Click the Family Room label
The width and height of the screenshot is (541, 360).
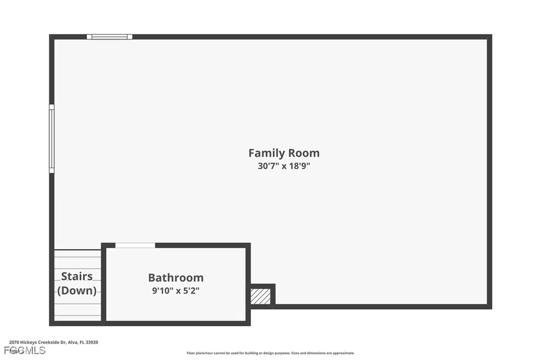pyautogui.click(x=284, y=153)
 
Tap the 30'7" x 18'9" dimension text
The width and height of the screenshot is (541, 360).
pyautogui.click(x=284, y=166)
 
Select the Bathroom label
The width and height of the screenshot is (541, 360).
pyautogui.click(x=175, y=278)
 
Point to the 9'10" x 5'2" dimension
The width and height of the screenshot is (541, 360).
pyautogui.click(x=175, y=290)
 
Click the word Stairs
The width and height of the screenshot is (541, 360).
pyautogui.click(x=77, y=276)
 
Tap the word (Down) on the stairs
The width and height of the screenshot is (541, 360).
pyautogui.click(x=77, y=290)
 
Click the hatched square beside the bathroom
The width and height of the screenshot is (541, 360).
pyautogui.click(x=260, y=295)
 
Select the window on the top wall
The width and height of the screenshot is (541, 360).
pyautogui.click(x=109, y=37)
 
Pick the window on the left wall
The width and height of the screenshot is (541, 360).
pyautogui.click(x=52, y=138)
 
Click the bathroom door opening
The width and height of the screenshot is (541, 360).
pyautogui.click(x=135, y=245)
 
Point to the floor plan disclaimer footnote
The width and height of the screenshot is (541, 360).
pyautogui.click(x=270, y=353)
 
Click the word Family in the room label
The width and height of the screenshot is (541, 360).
pyautogui.click(x=266, y=153)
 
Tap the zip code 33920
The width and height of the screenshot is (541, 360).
pyautogui.click(x=91, y=342)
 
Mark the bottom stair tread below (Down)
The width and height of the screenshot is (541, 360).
pyautogui.click(x=78, y=317)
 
